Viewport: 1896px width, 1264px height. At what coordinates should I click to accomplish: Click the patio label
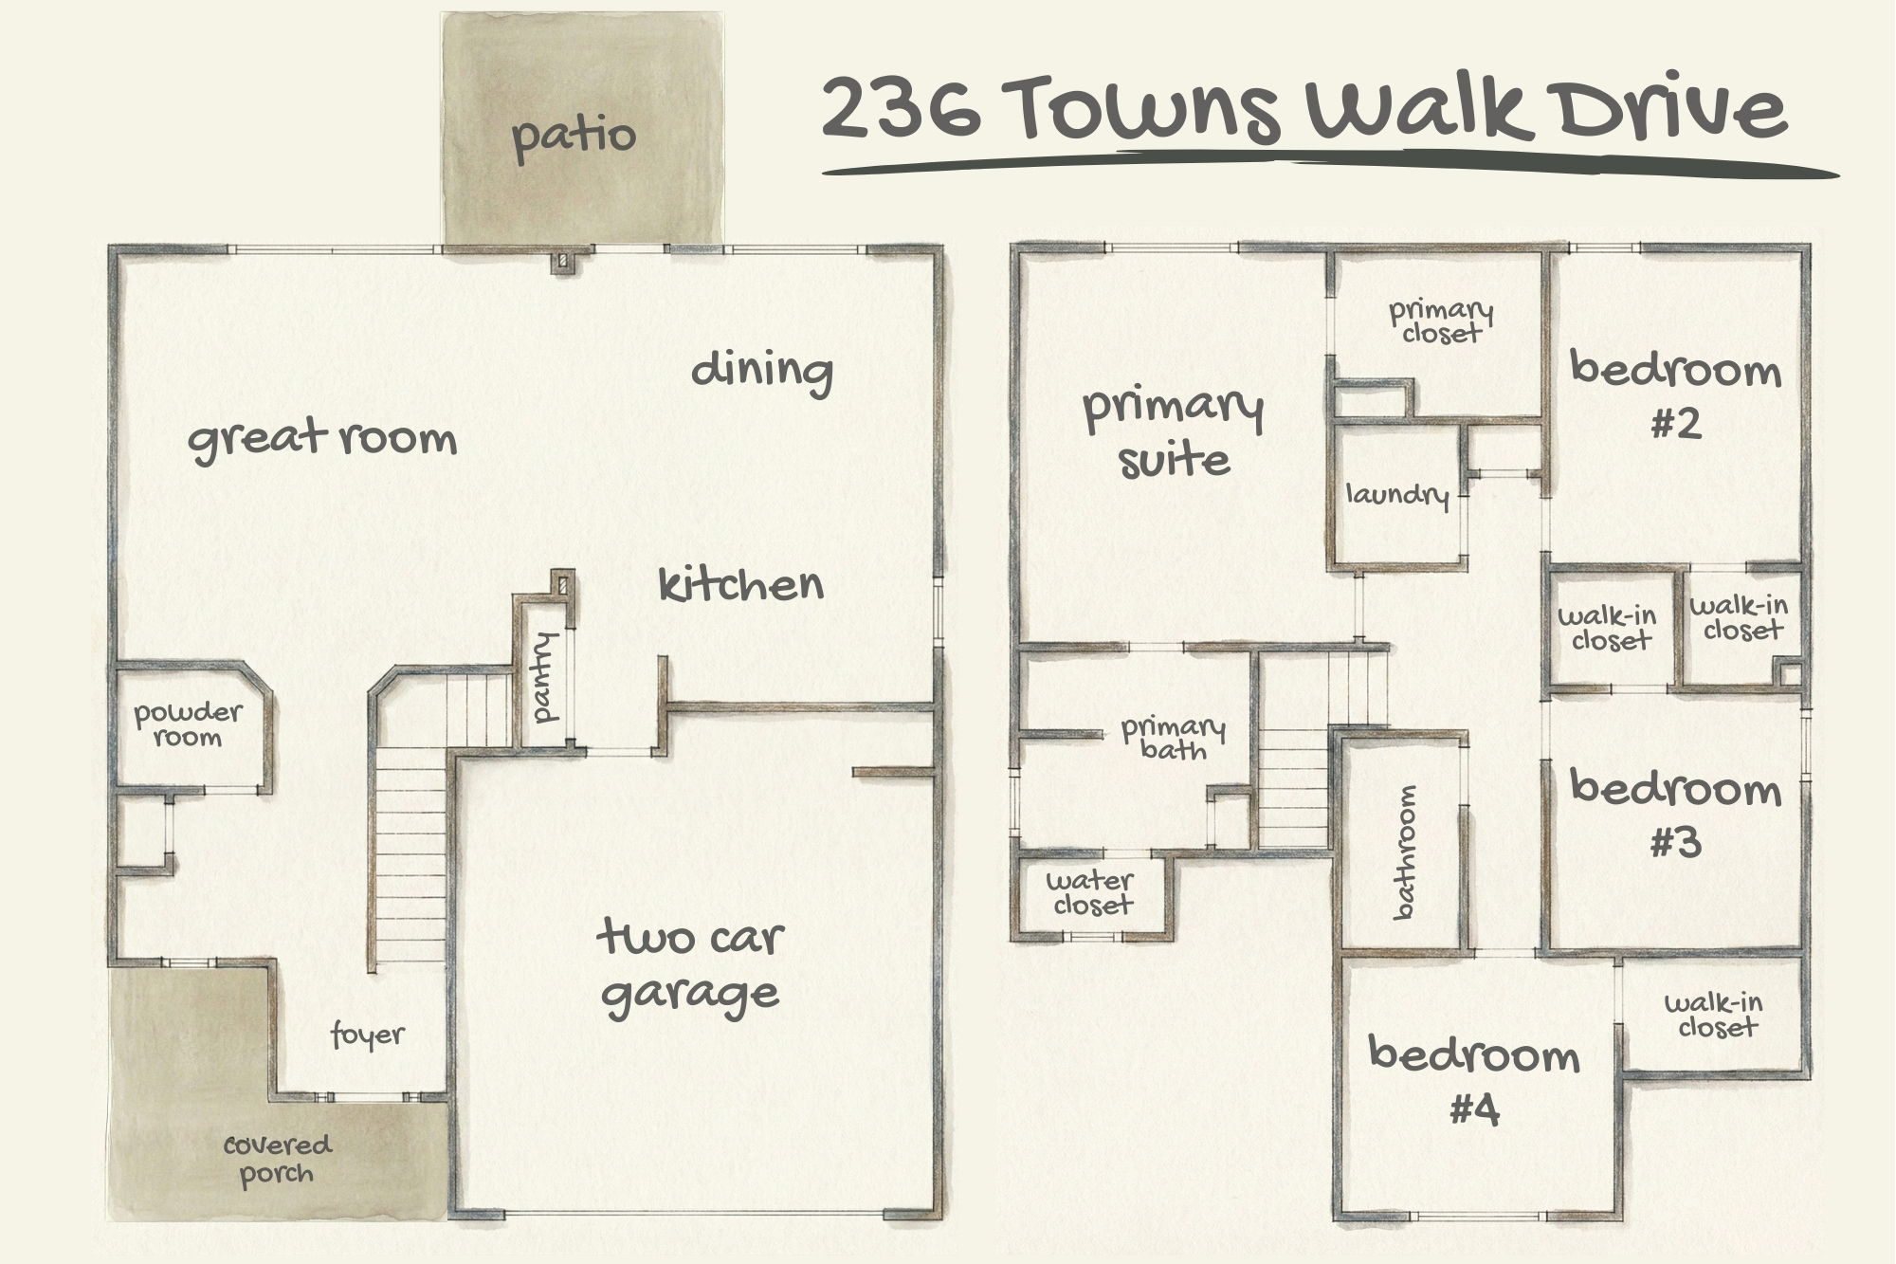pos(574,136)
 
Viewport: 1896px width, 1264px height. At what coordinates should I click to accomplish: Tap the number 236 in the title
pos(902,107)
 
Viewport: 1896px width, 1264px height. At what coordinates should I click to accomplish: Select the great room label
pos(322,439)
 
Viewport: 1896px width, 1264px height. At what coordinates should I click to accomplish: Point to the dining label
pos(761,370)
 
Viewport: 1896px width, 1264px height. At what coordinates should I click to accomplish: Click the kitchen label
pos(740,584)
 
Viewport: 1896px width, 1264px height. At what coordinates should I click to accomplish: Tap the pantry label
pos(546,678)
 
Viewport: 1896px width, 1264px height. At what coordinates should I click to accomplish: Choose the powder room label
pos(188,724)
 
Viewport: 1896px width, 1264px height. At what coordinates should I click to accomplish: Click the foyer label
pos(368,1035)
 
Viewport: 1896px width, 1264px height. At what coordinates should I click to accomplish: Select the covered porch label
pos(277,1159)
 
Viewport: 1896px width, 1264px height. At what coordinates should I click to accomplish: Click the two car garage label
pos(690,966)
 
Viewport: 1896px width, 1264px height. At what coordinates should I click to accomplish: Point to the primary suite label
pos(1174,433)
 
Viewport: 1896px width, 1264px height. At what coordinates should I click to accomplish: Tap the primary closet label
pos(1441,321)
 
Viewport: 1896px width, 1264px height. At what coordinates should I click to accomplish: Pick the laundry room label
pos(1397,495)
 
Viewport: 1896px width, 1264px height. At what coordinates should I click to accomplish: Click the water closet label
pos(1090,892)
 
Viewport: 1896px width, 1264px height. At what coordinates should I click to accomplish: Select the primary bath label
pos(1173,739)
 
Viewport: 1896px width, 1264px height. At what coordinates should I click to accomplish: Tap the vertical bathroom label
pos(1405,852)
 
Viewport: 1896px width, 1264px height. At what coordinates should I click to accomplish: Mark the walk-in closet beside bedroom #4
pos(1714,1015)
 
